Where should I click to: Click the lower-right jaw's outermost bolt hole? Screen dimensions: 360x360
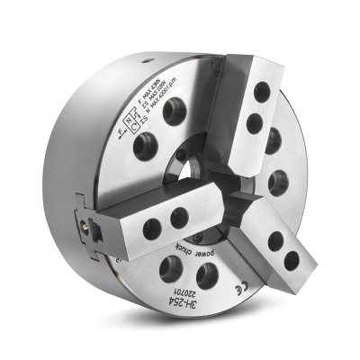pos(292,262)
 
